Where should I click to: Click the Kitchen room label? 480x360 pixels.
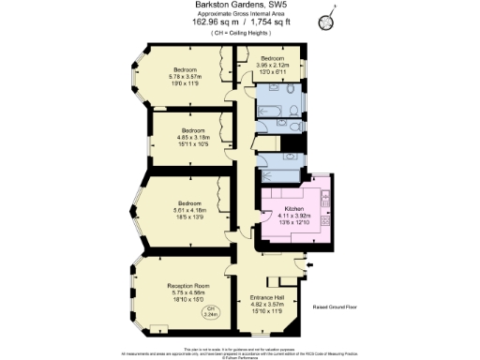290,209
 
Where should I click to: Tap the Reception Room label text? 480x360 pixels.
187,284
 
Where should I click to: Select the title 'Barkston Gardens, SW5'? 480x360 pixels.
239,6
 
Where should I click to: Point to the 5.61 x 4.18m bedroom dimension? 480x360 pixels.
191,210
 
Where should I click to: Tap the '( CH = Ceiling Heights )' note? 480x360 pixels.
239,34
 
